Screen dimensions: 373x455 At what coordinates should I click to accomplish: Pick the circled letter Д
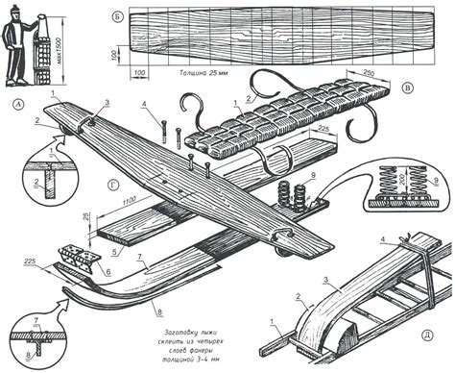[x=425, y=336]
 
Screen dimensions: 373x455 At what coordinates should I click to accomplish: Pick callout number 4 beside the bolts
[x=143, y=104]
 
